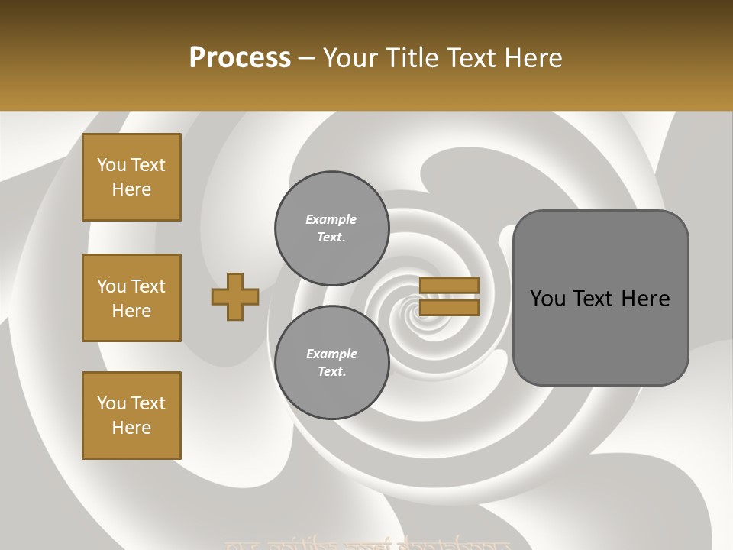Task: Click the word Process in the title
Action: [x=240, y=58]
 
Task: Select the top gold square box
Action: [x=131, y=177]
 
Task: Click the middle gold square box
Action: [x=131, y=298]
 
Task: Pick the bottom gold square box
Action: [x=131, y=416]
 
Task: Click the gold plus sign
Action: [x=235, y=296]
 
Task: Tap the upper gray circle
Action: [x=331, y=228]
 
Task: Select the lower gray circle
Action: [x=331, y=363]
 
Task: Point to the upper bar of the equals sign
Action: [x=449, y=285]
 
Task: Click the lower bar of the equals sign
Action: [x=449, y=307]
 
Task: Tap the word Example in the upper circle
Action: [x=331, y=219]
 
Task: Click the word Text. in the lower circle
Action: [x=331, y=372]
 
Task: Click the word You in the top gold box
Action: [x=111, y=165]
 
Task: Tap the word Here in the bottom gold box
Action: [x=131, y=428]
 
